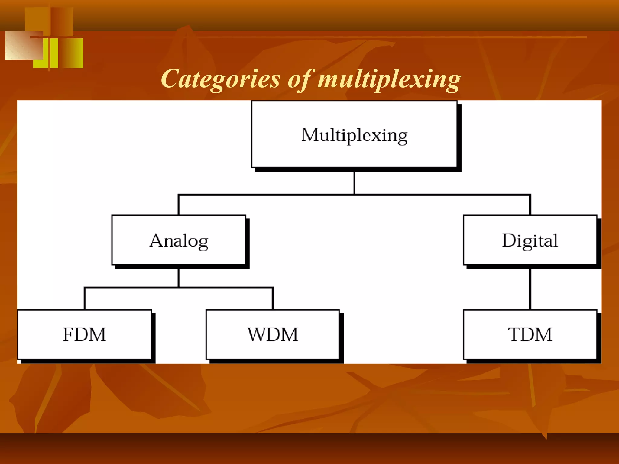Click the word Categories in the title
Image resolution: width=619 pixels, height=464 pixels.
click(x=220, y=79)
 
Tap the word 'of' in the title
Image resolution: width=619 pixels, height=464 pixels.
click(x=299, y=79)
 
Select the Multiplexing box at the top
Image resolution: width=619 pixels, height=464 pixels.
click(x=354, y=134)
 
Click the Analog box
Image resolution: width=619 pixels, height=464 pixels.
click(x=179, y=240)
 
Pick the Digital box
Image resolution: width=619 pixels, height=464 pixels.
click(x=530, y=240)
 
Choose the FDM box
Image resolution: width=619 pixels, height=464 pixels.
click(x=84, y=334)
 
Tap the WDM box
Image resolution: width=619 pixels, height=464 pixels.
click(x=273, y=334)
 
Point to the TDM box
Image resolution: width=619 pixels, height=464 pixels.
click(x=530, y=334)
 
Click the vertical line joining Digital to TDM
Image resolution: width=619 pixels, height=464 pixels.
click(x=530, y=289)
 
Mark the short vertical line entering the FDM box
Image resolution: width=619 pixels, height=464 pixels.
click(x=85, y=299)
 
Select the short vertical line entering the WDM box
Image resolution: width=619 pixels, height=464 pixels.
click(x=273, y=299)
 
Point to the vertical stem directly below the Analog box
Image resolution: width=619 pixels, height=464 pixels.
click(x=179, y=277)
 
